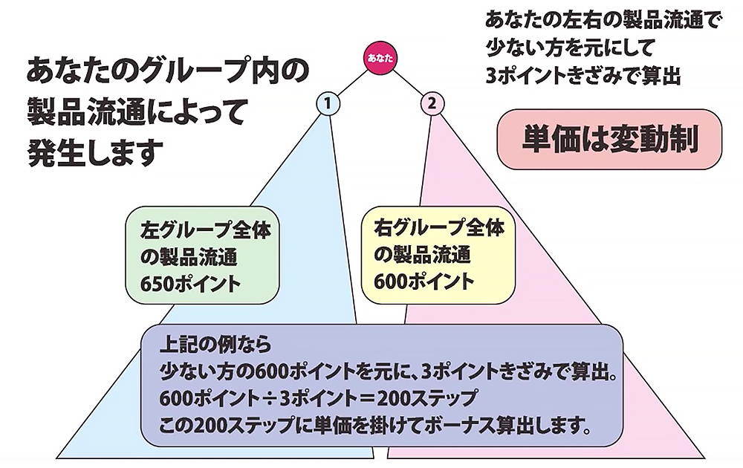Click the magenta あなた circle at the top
(x=380, y=58)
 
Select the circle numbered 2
(x=431, y=103)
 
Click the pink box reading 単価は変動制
(x=609, y=139)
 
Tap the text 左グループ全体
(x=205, y=230)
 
